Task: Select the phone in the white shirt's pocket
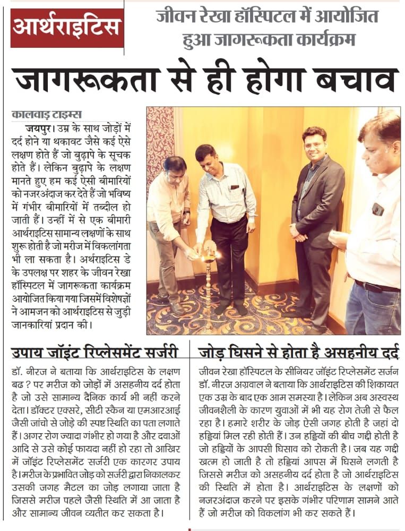coord(377,209)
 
